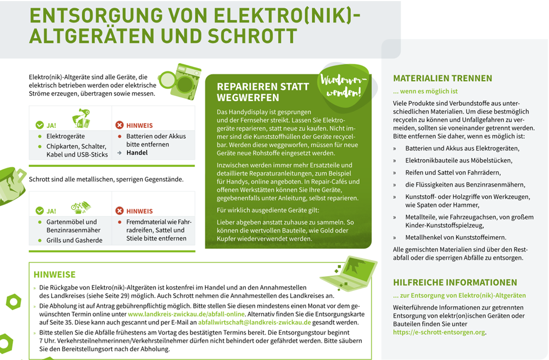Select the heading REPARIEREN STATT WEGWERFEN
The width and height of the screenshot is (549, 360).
tap(256, 92)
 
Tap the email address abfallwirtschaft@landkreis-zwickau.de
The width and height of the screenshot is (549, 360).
tap(255, 322)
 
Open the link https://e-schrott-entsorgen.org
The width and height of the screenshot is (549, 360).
tap(439, 332)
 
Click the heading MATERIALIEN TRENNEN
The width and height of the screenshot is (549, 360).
tap(442, 78)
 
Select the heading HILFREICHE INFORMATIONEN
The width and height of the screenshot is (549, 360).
tap(455, 283)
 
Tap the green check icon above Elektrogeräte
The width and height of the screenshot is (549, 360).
tap(40, 125)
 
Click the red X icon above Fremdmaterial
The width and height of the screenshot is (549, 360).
tap(120, 211)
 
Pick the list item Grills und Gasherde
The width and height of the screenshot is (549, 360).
tap(74, 240)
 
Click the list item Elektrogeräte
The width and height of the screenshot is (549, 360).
tap(65, 136)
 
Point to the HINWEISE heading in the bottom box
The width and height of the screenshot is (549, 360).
tap(54, 274)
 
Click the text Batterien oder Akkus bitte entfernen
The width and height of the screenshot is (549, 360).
tap(155, 140)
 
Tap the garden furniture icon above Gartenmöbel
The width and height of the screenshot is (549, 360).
tap(80, 207)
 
